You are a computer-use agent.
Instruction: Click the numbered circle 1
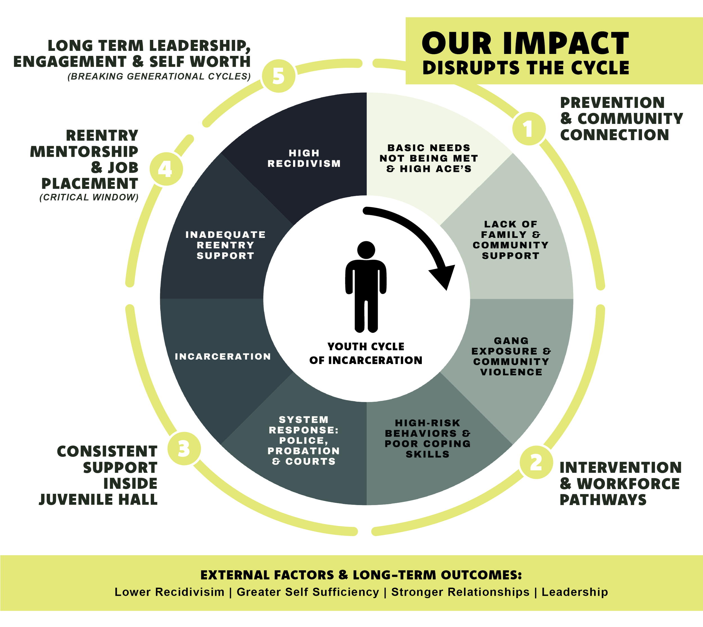tap(529, 129)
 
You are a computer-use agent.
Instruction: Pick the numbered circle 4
tap(166, 169)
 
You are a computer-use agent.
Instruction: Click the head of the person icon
tap(366, 249)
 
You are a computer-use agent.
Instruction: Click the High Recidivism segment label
tap(304, 158)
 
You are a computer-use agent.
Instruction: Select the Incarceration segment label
tap(223, 356)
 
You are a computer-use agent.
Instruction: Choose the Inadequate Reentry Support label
tap(226, 245)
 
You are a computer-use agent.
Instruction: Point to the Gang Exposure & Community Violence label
tap(511, 356)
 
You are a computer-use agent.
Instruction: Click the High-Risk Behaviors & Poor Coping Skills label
tap(427, 439)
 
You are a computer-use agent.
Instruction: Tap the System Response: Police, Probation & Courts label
tap(304, 441)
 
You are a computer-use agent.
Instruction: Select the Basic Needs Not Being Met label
tap(429, 158)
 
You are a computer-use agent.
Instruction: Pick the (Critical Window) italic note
tap(89, 197)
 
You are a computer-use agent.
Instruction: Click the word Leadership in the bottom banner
tap(575, 592)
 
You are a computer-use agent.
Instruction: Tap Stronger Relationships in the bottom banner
tap(460, 592)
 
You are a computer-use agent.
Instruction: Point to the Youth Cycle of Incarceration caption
tap(366, 353)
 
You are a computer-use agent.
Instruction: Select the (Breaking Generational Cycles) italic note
tap(159, 76)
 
